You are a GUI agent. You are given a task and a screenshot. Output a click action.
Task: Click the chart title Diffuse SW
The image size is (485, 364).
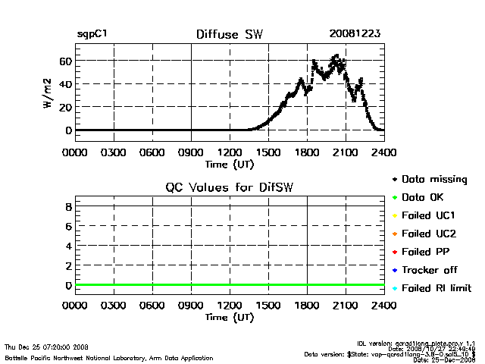[230, 34]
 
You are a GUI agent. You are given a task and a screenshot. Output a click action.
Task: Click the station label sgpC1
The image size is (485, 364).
[92, 34]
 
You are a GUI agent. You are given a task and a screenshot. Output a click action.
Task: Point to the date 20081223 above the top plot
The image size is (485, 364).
[355, 34]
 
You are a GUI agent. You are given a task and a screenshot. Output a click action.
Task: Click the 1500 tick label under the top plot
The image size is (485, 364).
[268, 152]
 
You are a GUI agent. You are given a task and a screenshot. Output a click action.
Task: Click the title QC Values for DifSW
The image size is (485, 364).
[230, 187]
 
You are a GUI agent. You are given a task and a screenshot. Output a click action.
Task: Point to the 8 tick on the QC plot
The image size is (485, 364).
[68, 206]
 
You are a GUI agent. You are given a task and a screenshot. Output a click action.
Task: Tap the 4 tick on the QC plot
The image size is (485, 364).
[68, 246]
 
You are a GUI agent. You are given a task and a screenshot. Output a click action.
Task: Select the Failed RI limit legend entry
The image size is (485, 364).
[441, 288]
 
